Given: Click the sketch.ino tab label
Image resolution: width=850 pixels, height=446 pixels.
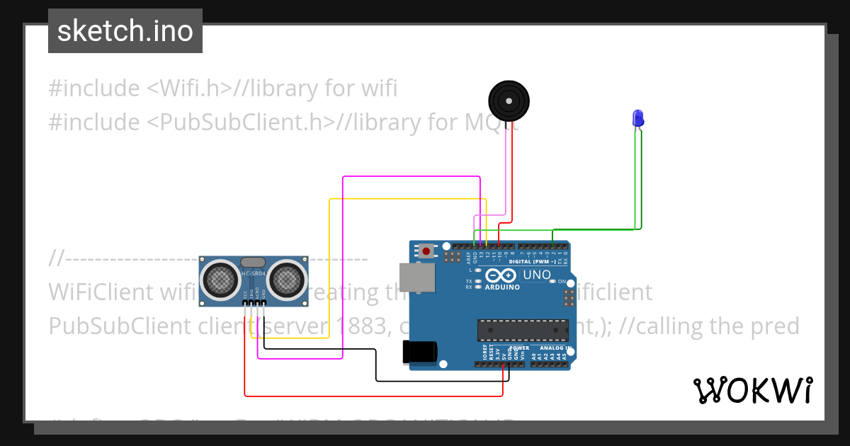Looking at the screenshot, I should pyautogui.click(x=125, y=31).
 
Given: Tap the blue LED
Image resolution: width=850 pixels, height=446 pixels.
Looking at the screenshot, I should pyautogui.click(x=637, y=118).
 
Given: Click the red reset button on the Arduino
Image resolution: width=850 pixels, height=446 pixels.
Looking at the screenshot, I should pyautogui.click(x=426, y=251).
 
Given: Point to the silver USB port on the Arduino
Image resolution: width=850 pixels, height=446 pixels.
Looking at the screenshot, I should pyautogui.click(x=417, y=278).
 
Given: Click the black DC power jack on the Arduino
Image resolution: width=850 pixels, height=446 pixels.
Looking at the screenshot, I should pyautogui.click(x=419, y=352).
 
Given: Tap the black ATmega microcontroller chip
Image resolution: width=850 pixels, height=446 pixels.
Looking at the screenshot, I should pyautogui.click(x=523, y=331).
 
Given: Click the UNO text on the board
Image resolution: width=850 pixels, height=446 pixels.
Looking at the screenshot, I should pyautogui.click(x=536, y=275).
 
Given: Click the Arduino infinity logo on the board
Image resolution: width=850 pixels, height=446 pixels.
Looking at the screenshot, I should pyautogui.click(x=501, y=276).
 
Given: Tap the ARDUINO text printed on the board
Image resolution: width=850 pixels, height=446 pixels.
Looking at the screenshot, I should pyautogui.click(x=502, y=287).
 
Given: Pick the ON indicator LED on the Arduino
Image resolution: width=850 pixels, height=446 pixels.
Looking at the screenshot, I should pyautogui.click(x=553, y=282).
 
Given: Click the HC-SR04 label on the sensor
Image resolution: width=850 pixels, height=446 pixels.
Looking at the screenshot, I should pyautogui.click(x=253, y=273).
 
